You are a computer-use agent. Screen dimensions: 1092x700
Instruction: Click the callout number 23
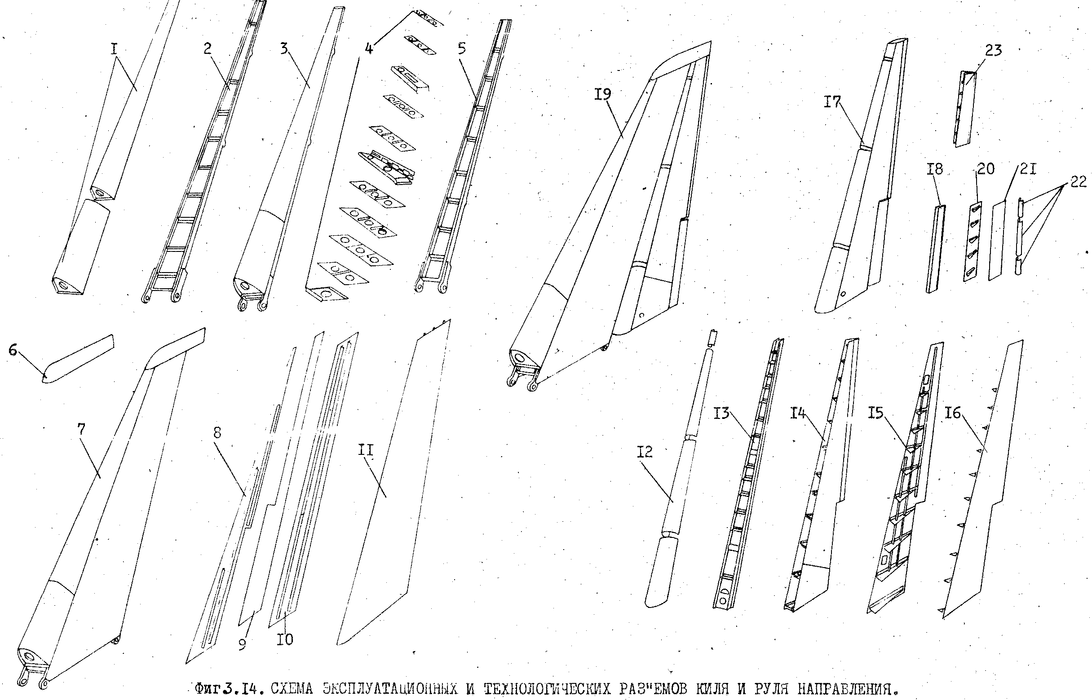point(993,50)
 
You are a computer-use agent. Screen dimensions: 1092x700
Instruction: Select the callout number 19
point(603,95)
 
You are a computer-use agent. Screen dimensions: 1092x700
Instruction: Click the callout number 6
point(13,351)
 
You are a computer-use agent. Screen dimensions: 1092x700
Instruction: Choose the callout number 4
point(369,48)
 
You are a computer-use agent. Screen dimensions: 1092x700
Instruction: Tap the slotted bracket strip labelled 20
point(972,242)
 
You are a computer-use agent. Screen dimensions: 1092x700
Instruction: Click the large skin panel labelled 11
point(393,482)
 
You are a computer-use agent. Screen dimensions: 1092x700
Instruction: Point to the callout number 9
point(242,644)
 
